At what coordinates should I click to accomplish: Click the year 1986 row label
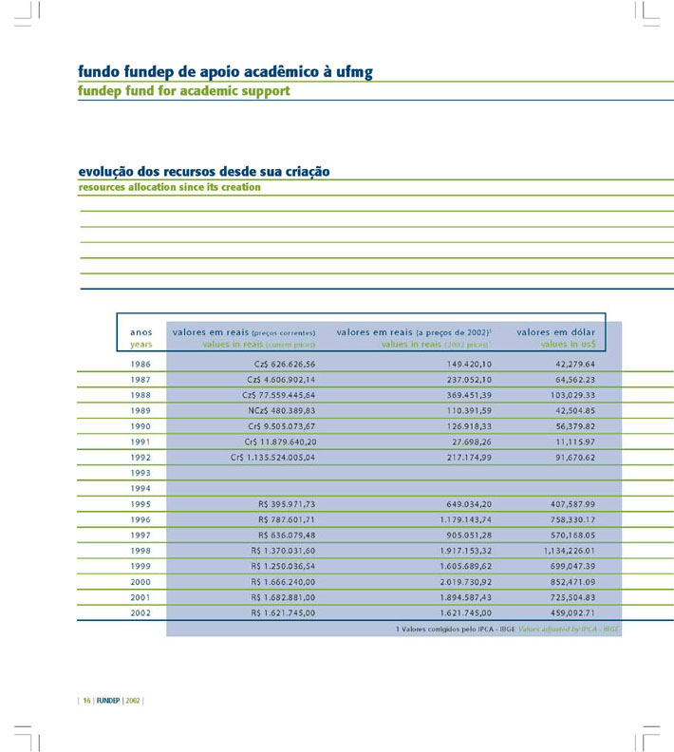pos(140,365)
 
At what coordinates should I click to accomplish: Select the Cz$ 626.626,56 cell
pos(285,365)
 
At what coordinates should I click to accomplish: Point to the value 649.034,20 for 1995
pos(463,504)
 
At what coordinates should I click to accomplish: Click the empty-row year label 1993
pos(140,473)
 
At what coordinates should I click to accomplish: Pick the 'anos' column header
pos(140,332)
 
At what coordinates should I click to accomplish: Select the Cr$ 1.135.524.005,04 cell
pos(273,458)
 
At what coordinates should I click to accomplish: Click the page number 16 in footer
pos(86,701)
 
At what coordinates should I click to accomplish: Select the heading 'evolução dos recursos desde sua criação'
pos(204,172)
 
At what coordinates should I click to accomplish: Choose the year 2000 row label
pos(140,582)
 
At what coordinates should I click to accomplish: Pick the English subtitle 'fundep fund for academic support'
pos(184,91)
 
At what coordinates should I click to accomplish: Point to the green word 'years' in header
pos(140,345)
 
